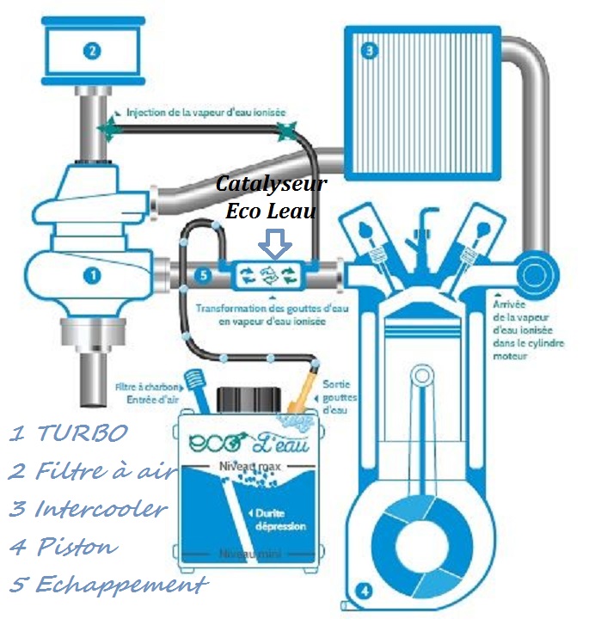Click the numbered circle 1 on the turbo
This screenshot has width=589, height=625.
point(92,276)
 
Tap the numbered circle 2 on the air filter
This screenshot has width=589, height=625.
point(92,50)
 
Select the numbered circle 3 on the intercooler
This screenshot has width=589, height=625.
point(370,51)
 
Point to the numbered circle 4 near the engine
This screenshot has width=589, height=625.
point(365,591)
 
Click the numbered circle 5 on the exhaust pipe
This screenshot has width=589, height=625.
point(202,276)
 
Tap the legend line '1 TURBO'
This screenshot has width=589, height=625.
point(69,432)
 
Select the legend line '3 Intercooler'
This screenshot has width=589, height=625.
point(88,508)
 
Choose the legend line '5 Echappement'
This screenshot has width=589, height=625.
point(108,585)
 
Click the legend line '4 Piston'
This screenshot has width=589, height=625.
point(64,546)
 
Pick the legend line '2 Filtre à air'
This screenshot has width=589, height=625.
point(94,470)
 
